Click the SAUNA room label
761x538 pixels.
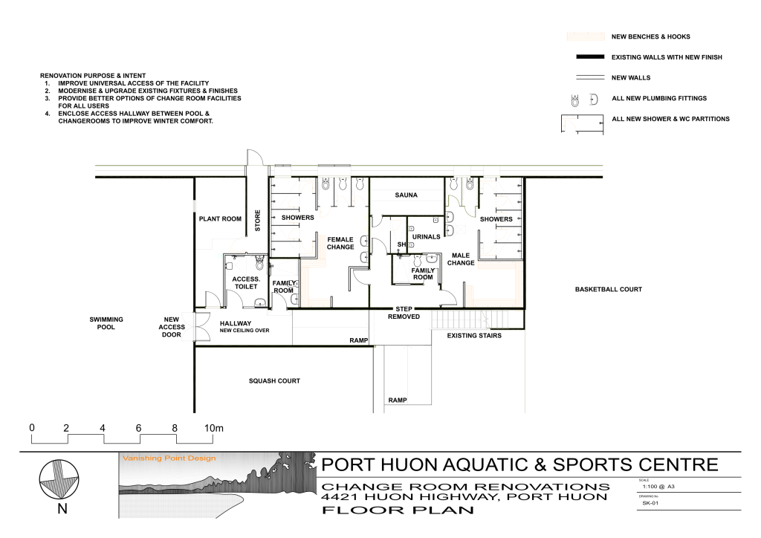point(406,195)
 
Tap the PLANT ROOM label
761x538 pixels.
point(220,219)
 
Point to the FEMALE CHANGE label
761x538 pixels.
point(340,243)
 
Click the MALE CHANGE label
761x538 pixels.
point(461,259)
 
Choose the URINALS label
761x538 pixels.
point(427,237)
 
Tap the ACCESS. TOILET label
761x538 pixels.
point(245,282)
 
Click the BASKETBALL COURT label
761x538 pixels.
point(608,289)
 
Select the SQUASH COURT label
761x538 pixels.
point(274,380)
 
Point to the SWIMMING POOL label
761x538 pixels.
point(106,323)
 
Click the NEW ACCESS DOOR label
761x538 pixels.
point(172,326)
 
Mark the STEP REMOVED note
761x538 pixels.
point(404,312)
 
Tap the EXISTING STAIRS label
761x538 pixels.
point(474,336)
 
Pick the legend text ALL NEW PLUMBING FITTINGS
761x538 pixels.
point(658,98)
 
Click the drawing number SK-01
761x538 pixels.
point(650,503)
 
